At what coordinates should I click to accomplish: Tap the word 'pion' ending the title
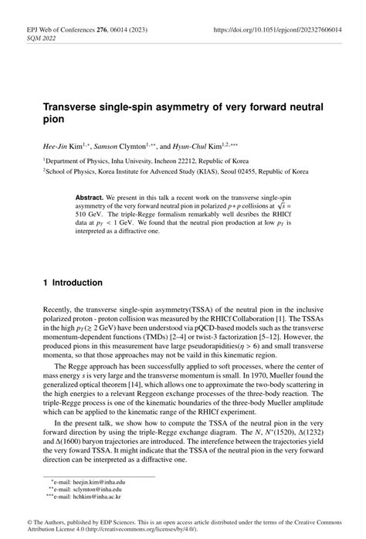coord(56,121)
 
